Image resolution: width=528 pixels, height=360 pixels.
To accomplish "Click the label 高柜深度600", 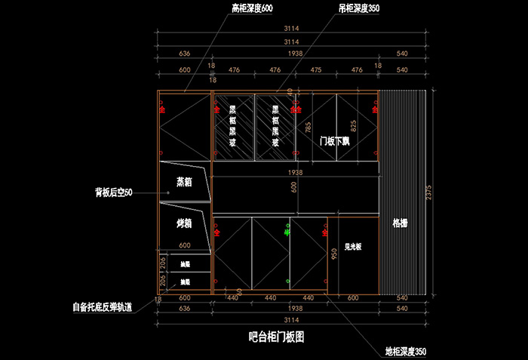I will tap(252, 8).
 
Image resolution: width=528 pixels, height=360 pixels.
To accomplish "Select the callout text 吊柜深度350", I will tap(358, 8).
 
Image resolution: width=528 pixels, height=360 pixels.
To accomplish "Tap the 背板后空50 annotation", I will tap(114, 193).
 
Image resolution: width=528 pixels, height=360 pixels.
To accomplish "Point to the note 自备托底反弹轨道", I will tap(103, 307).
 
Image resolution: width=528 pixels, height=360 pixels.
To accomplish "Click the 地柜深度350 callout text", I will tap(406, 352).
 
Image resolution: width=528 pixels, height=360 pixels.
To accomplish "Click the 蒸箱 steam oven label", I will tap(185, 182).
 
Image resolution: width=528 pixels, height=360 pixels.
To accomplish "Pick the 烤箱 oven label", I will tap(185, 223).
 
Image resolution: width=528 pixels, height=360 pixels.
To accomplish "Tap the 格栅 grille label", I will tap(401, 223).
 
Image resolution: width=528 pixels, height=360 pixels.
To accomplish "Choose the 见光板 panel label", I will tap(353, 246).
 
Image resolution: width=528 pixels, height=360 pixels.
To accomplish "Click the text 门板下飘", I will tap(334, 141).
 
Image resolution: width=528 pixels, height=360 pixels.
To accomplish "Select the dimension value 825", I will tap(353, 125).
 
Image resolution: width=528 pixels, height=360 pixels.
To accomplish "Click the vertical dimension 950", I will tap(333, 255).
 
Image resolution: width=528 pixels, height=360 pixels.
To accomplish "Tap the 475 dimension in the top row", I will tap(315, 70).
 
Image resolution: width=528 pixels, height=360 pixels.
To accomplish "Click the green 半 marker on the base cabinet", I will tap(287, 234).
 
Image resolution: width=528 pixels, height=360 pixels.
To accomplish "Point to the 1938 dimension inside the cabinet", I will tap(295, 173).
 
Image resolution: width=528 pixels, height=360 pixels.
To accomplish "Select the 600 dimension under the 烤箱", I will tap(185, 245).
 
